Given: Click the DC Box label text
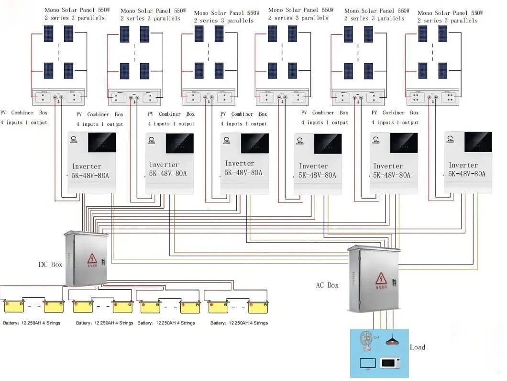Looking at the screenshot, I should pos(50,265).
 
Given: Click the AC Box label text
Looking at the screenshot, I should pos(327,285).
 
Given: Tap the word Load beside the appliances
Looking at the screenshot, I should pos(417,347).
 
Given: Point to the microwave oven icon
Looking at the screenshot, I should pos(390,363).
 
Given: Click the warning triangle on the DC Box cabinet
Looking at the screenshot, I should pos(92,259).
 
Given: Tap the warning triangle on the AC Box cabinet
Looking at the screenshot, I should pos(381,278).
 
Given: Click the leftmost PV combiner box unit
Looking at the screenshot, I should pos(58,97).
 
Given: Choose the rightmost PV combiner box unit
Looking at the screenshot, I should pos(433,97).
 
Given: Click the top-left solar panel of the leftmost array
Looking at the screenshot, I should pos(49,33).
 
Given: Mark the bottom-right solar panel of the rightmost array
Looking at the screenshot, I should pos(442,70).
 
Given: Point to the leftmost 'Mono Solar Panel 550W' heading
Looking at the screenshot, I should pos(74,10).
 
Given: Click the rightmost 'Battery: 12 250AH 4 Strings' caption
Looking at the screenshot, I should pos(239,323).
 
